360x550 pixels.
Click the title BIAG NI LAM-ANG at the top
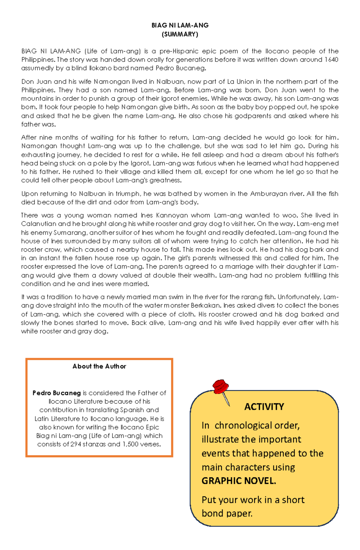[x=180, y=25]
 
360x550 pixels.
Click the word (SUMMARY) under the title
[x=180, y=34]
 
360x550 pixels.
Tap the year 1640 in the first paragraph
[x=331, y=60]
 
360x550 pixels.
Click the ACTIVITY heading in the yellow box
[x=264, y=407]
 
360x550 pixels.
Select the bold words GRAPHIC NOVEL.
[x=239, y=481]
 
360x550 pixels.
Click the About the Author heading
[x=99, y=366]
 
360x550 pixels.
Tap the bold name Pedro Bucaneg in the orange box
[x=57, y=393]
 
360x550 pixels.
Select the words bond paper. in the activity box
[x=227, y=513]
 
